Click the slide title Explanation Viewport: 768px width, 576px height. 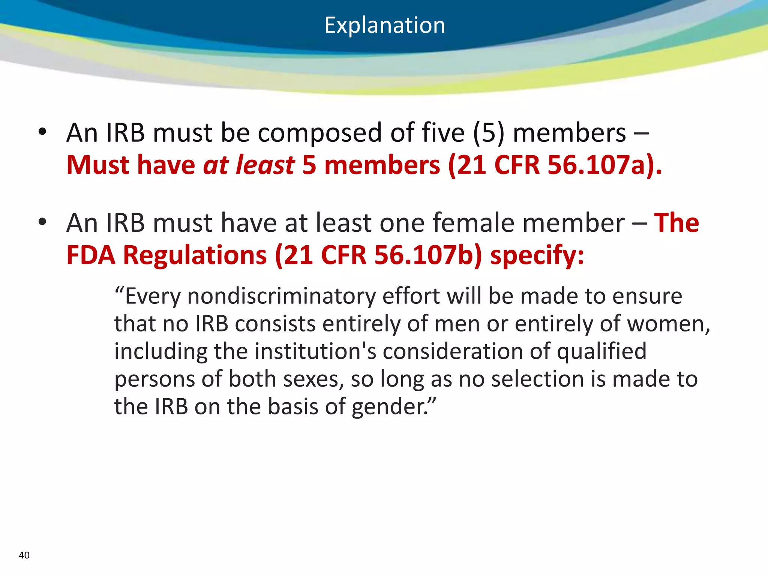point(385,25)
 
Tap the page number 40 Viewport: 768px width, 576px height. point(24,555)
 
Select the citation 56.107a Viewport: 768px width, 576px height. point(596,165)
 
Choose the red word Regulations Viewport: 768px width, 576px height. point(195,255)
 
